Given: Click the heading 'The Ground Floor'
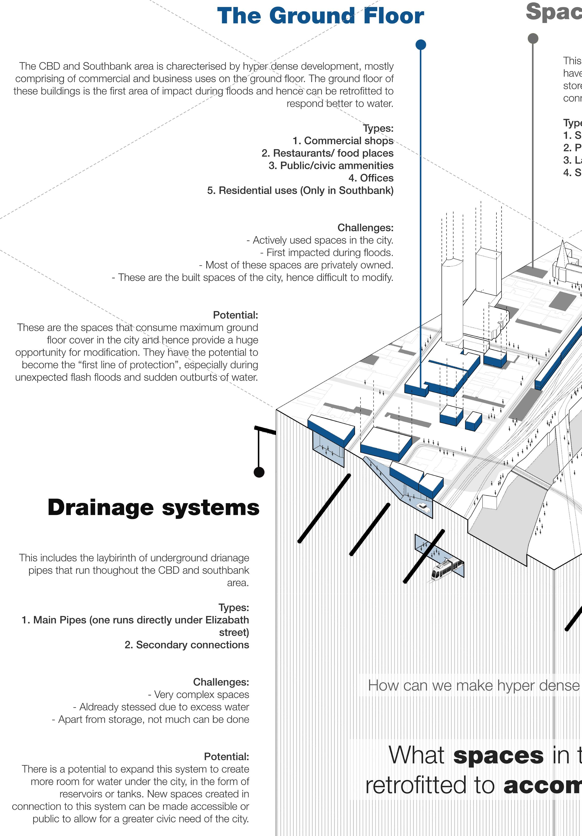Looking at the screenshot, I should click(x=320, y=16).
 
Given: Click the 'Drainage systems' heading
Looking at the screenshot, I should click(x=153, y=507).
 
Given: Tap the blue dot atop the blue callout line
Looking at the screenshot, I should click(x=421, y=45).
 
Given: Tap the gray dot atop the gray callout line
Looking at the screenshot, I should click(x=533, y=38).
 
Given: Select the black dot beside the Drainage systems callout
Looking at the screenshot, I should click(x=259, y=472).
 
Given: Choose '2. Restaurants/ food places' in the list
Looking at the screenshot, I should click(x=327, y=153).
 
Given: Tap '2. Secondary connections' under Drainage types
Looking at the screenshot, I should click(x=187, y=645).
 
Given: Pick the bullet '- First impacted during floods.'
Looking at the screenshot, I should click(x=327, y=253).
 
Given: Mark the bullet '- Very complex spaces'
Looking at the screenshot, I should click(x=198, y=694).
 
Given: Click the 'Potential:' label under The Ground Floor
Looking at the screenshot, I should click(x=235, y=315).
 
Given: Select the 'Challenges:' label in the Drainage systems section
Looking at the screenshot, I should click(x=221, y=682).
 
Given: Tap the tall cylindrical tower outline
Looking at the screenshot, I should click(x=452, y=302).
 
